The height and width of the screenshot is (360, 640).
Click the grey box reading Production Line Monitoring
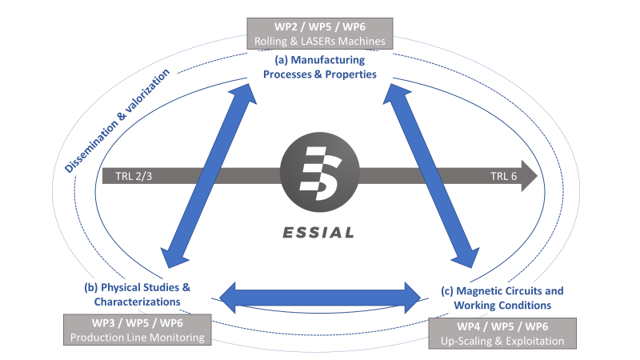click(137, 330)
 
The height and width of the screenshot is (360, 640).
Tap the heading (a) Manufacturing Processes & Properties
click(320, 67)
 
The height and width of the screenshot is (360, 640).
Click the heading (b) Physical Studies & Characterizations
click(137, 294)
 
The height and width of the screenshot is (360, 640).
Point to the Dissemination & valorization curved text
click(118, 120)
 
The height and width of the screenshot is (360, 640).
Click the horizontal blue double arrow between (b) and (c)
click(320, 297)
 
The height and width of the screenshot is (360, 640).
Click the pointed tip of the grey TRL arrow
click(538, 176)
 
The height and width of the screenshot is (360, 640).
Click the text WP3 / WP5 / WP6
click(137, 322)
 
